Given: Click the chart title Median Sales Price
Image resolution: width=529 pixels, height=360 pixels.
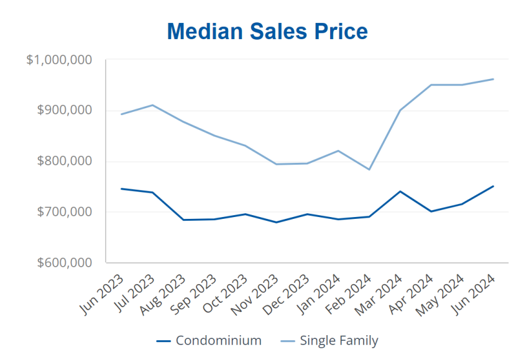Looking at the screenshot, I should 267,31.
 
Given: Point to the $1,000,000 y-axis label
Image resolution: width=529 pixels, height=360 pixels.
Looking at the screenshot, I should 60,60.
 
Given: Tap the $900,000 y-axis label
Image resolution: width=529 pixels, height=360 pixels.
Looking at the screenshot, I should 65,111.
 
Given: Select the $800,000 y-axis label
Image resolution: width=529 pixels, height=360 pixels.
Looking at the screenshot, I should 65,161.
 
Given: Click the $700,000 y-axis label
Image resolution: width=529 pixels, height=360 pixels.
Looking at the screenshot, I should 65,212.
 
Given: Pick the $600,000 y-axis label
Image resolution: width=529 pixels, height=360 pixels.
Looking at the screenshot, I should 65,262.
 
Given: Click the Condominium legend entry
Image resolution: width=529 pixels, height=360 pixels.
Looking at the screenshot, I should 209,341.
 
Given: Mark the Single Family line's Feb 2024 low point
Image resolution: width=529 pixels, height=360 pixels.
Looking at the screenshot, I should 369,169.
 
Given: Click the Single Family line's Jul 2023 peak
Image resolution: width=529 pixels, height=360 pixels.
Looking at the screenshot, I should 153,105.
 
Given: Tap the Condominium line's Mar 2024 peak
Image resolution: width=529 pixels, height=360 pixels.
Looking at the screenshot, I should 400,192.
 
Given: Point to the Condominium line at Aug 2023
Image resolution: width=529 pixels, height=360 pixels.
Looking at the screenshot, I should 183,219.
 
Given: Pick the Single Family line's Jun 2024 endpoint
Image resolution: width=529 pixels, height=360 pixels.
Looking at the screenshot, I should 493,79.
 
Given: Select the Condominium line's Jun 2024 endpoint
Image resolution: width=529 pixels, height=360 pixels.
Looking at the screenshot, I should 493,186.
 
